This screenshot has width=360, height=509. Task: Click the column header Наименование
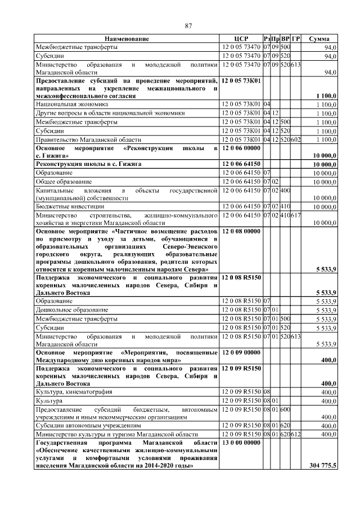coord(127,39)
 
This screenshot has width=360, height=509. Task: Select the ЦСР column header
coord(241,39)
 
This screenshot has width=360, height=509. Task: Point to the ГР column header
coord(296,39)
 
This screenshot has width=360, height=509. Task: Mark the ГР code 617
coord(296,215)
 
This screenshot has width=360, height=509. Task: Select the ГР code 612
coord(296,435)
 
